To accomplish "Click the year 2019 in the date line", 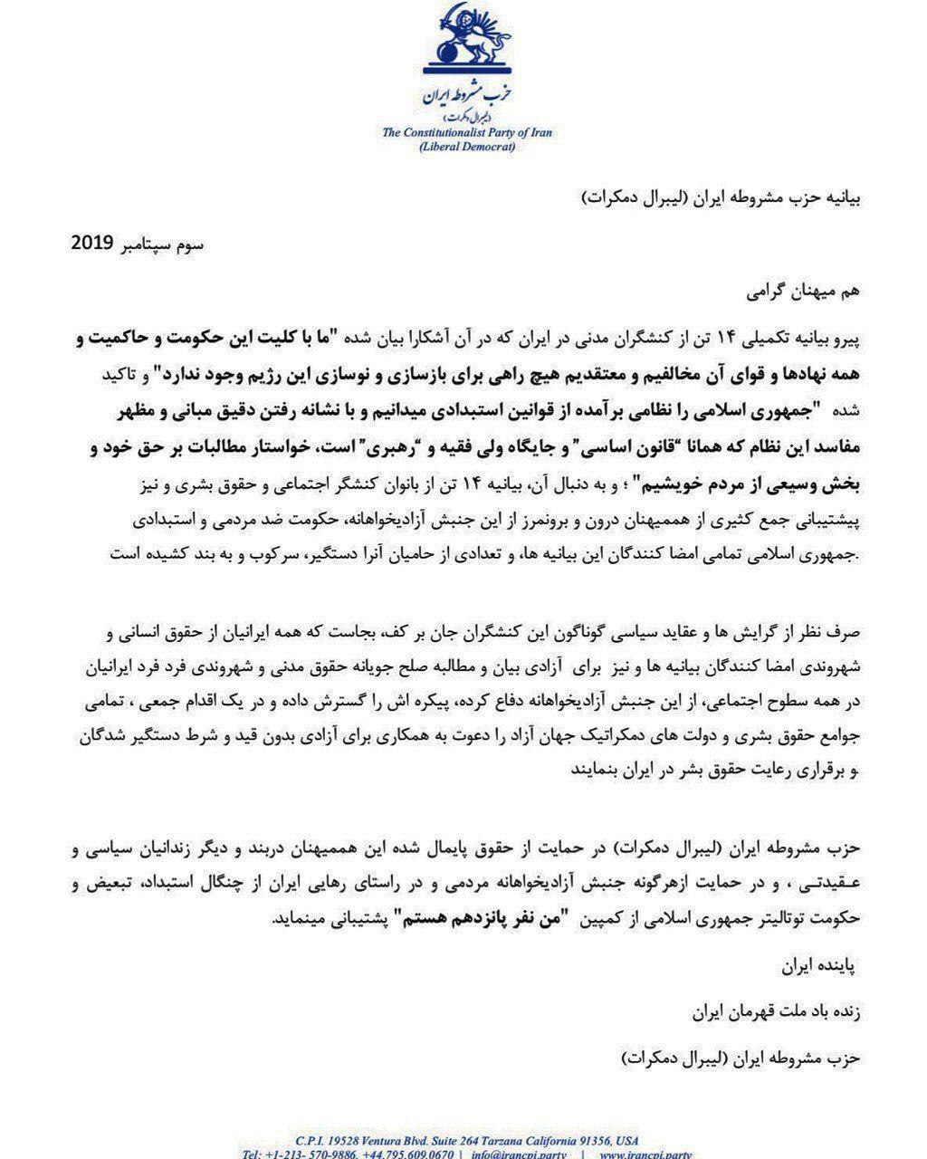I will (91, 244).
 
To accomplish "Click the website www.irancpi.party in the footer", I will (646, 1154).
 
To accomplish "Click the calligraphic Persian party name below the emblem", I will (463, 98).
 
